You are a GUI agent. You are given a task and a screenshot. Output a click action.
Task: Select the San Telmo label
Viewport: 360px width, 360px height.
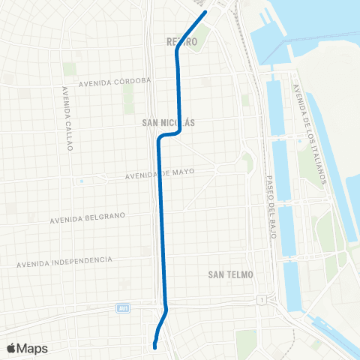pos(228,275)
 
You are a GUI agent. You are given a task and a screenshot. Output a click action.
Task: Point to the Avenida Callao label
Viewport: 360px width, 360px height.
pos(67,118)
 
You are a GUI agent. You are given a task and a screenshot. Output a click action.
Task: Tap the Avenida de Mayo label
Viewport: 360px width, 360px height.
pos(157,174)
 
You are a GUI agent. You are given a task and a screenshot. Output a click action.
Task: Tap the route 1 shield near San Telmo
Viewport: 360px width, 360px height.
pos(260,300)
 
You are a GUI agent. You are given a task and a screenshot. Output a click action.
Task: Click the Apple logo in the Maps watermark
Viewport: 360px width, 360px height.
pos(11,348)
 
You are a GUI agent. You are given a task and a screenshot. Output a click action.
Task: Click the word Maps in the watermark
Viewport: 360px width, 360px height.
pos(32,348)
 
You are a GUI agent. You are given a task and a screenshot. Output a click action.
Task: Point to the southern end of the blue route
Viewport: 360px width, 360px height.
pos(154,346)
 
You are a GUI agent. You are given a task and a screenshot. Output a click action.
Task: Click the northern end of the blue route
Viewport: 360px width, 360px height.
pos(205,12)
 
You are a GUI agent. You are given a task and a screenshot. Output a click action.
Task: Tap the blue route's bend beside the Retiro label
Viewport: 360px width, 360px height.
pos(177,52)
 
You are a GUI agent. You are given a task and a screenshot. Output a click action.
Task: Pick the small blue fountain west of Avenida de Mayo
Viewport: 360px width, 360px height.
pos(80,181)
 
